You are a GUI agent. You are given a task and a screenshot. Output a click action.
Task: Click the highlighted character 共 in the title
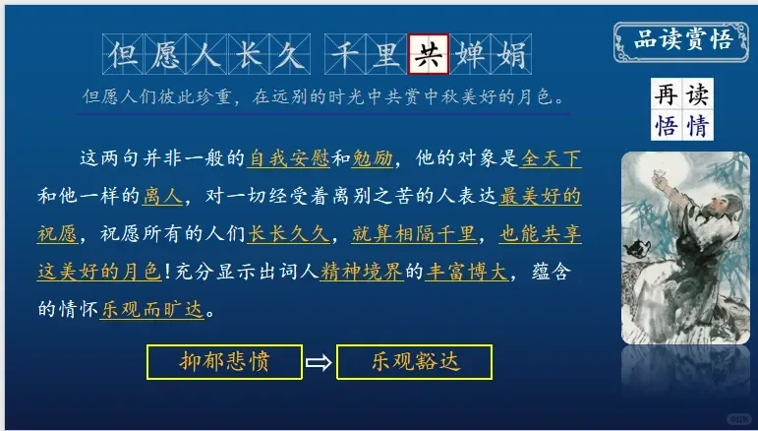429,54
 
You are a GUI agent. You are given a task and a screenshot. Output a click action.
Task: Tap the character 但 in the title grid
123,54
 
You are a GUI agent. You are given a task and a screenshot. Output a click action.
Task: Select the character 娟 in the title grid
511,54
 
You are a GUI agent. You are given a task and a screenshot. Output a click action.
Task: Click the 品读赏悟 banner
681,41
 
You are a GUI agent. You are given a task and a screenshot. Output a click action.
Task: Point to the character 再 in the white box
667,93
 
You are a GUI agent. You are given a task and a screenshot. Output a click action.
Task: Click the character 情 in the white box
697,125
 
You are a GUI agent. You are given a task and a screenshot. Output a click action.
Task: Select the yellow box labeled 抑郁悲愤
224,362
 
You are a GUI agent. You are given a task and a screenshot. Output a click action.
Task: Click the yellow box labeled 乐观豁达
414,362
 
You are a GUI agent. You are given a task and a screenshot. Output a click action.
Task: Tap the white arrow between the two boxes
320,362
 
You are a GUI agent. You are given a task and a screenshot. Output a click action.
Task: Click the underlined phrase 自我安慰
288,158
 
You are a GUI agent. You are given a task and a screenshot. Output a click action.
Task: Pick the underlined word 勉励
373,158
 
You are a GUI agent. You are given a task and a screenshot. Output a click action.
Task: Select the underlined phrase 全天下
551,158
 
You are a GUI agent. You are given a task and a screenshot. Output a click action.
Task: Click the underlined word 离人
162,196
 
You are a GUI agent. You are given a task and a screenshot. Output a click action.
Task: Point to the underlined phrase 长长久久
289,234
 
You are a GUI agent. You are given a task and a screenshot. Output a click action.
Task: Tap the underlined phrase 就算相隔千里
414,234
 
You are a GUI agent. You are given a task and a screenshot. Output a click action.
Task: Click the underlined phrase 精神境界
362,272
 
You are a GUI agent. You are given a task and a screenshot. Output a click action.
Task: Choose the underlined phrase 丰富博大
466,272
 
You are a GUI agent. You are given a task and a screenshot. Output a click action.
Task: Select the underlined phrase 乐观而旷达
152,310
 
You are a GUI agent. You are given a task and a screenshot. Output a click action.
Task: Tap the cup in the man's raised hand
657,175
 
